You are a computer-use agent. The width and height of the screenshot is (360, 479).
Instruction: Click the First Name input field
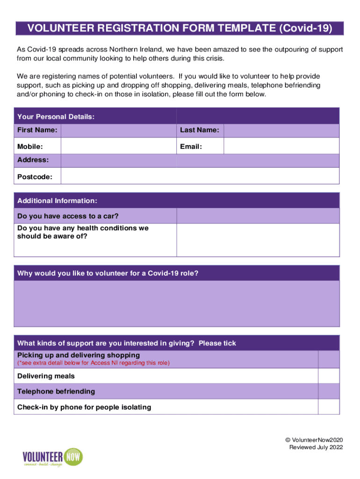coord(118,130)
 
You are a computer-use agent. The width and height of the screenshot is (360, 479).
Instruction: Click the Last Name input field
coord(281,130)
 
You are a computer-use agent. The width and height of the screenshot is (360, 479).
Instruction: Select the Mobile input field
coord(118,146)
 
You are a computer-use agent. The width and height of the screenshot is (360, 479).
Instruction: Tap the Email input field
coord(281,146)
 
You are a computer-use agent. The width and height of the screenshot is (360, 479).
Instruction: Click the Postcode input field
coord(200,176)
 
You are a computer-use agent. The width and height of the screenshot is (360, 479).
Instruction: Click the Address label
coord(33,160)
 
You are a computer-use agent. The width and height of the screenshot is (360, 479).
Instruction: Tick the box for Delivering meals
coord(329,376)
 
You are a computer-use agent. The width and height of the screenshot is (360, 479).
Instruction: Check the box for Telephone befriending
coord(329,391)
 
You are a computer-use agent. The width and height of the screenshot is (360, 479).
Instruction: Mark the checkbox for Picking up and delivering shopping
coord(329,359)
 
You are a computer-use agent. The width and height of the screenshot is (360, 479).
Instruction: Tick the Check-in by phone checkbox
coord(329,406)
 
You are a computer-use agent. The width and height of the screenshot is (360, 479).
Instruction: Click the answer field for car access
coord(258,216)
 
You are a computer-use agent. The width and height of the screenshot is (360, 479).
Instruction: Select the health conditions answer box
coord(258,239)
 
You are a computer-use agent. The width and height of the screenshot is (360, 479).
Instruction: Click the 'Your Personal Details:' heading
coord(56,116)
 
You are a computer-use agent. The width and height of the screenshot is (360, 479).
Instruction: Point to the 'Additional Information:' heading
coord(57,201)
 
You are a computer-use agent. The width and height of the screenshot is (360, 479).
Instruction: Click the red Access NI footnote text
coord(94,363)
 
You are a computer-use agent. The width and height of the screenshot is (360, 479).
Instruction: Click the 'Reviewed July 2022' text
coord(316,447)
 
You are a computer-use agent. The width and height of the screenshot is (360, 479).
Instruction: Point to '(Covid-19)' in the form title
coord(306,29)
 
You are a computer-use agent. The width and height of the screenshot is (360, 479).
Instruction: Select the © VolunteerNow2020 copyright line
coord(314,440)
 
